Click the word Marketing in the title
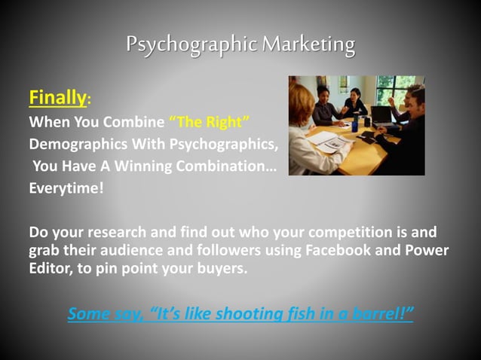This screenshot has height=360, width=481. pos(308,44)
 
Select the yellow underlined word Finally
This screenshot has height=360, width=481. pos(57,97)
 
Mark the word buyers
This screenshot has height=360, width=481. pos(221,268)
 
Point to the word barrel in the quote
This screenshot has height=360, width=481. pos(378,313)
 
